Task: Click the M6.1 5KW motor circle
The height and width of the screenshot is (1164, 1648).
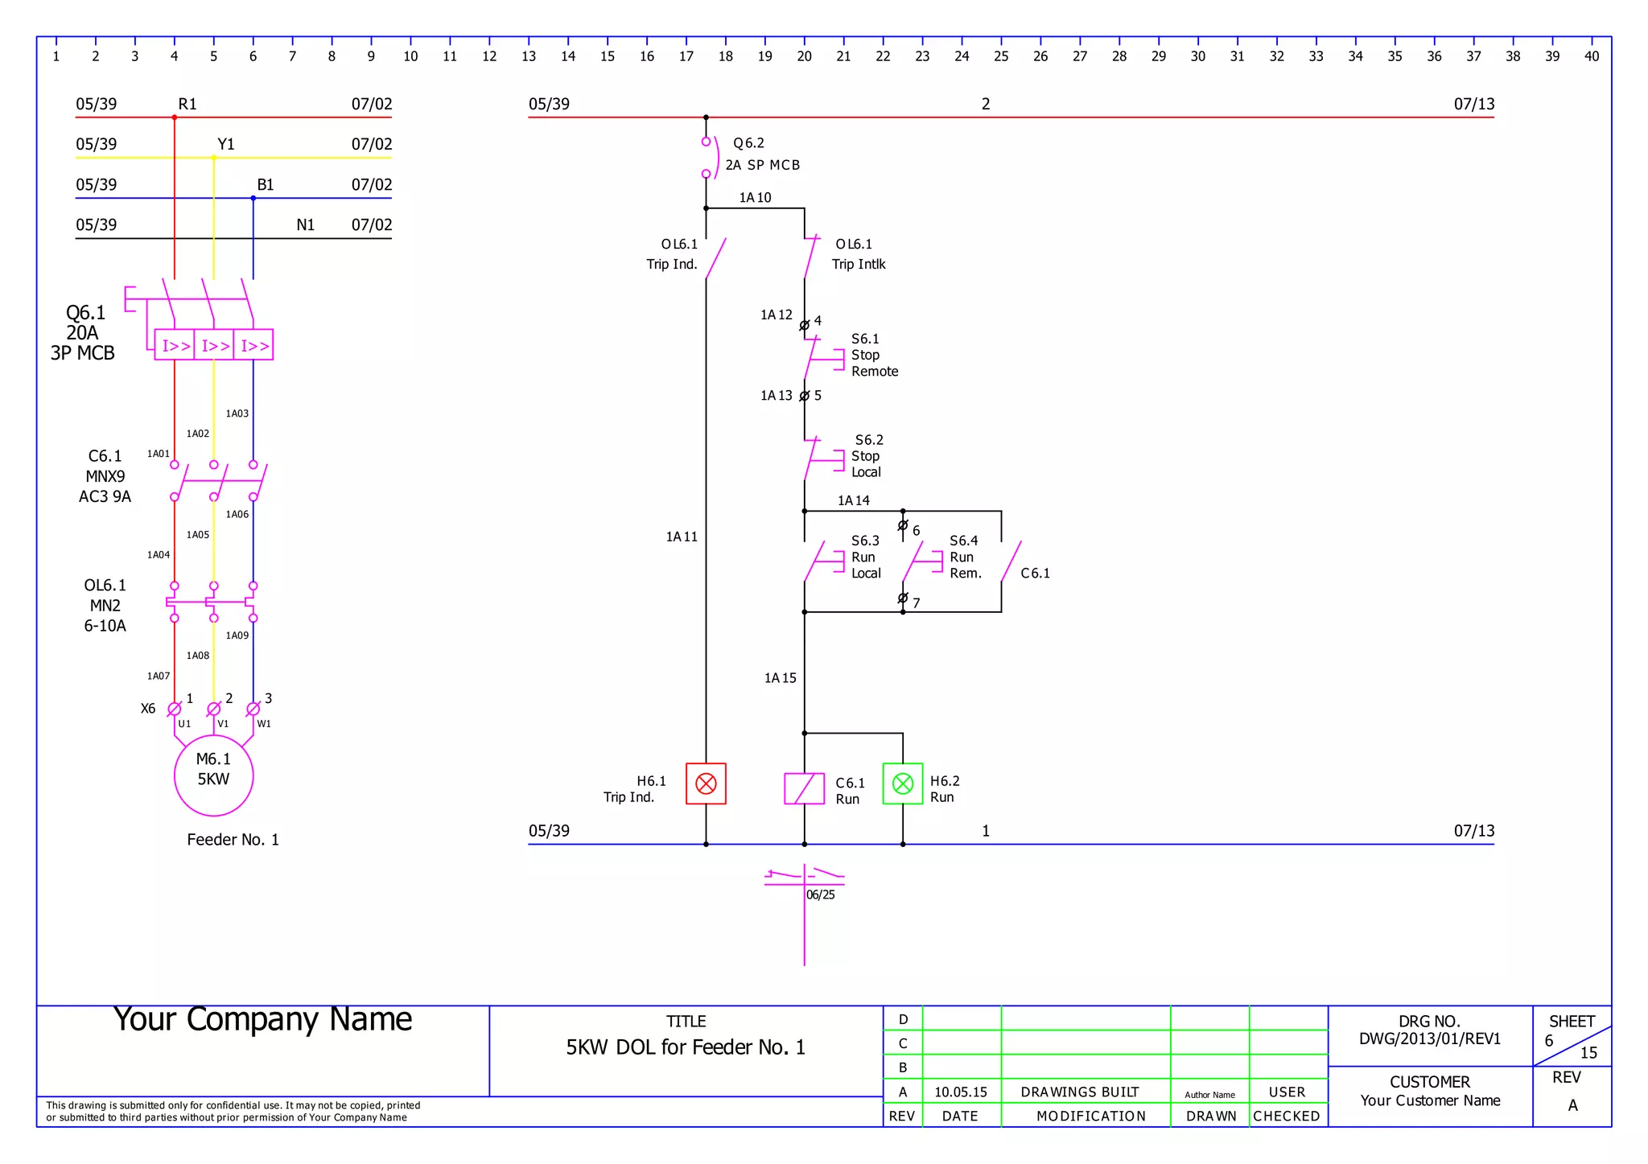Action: (x=213, y=775)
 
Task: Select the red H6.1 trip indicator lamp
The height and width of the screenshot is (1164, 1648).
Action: (x=706, y=784)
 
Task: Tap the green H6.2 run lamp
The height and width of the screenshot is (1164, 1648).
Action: (x=902, y=784)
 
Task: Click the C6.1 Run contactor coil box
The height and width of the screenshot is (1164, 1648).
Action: (x=804, y=788)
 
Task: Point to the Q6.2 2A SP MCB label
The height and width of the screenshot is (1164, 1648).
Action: (x=761, y=154)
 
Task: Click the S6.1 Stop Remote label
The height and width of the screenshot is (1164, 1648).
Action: (x=874, y=356)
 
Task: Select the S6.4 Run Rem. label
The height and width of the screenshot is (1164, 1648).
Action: (x=965, y=557)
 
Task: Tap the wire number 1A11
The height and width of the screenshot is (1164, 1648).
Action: (x=682, y=537)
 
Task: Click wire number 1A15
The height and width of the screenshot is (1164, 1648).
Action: (x=780, y=678)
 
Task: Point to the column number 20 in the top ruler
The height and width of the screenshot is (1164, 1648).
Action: (x=804, y=56)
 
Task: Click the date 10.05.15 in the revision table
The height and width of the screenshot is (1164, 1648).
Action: (x=960, y=1092)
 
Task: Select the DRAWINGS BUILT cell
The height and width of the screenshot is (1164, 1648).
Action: (x=1079, y=1092)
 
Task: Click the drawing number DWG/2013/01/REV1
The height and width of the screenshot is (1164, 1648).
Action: (x=1429, y=1039)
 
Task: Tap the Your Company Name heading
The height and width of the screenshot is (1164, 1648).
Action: (x=262, y=1019)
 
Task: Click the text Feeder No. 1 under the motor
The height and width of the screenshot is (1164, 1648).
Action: (x=233, y=840)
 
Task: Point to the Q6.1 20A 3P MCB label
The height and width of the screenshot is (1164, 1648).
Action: (x=84, y=333)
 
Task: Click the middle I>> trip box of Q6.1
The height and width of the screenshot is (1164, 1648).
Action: (x=214, y=345)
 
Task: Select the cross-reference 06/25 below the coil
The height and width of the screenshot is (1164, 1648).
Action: (x=821, y=895)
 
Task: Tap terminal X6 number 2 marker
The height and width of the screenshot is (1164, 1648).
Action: (x=214, y=709)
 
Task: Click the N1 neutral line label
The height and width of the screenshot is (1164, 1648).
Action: (x=305, y=225)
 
